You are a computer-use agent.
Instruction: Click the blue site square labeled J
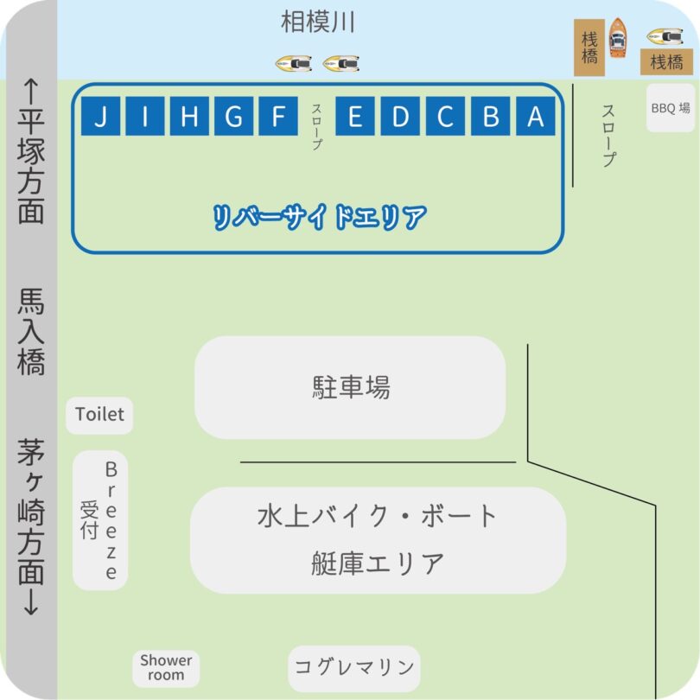click(102, 117)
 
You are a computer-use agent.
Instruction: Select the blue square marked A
click(536, 117)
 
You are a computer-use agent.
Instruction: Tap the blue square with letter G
click(233, 117)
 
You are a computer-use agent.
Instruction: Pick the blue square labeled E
click(355, 117)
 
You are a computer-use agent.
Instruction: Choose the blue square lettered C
click(446, 117)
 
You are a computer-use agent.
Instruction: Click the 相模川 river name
click(318, 22)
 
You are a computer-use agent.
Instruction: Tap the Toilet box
click(99, 415)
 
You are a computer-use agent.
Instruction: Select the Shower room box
click(166, 666)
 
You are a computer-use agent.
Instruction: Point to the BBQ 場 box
click(671, 109)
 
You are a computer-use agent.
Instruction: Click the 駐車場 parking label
click(350, 386)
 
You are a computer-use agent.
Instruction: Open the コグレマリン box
click(354, 667)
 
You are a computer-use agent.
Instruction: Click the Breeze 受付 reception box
click(100, 520)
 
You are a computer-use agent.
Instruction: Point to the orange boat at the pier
click(617, 38)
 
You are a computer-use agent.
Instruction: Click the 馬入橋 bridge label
click(31, 332)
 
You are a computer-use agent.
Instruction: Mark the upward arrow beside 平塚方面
click(31, 89)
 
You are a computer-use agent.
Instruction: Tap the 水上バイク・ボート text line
click(378, 517)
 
